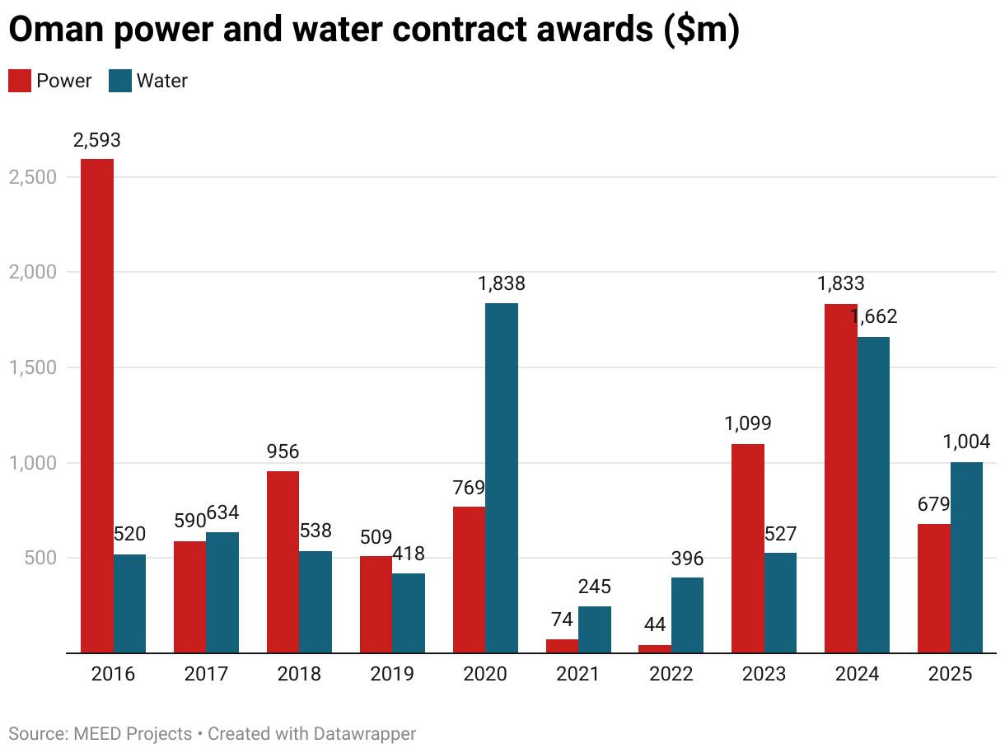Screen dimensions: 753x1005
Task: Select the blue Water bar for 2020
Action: (x=502, y=478)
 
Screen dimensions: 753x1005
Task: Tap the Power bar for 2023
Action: (x=748, y=548)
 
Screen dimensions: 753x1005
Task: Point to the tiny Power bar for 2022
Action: (x=655, y=648)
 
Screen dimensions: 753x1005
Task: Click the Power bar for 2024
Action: (x=841, y=478)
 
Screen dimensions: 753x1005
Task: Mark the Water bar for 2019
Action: (x=409, y=613)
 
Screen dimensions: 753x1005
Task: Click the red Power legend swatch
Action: (x=19, y=81)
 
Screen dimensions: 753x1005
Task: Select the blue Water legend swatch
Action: (x=120, y=81)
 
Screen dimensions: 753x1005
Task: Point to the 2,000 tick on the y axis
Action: (x=32, y=272)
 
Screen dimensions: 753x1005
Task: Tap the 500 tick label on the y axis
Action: (x=41, y=558)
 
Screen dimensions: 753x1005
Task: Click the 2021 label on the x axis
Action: (x=578, y=675)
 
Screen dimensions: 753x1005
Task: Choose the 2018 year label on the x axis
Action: (x=299, y=675)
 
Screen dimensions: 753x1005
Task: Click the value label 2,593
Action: (x=96, y=140)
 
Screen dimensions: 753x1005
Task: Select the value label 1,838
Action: (x=502, y=284)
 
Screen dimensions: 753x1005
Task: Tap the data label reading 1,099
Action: (x=748, y=424)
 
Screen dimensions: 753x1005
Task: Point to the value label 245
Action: (x=595, y=587)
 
